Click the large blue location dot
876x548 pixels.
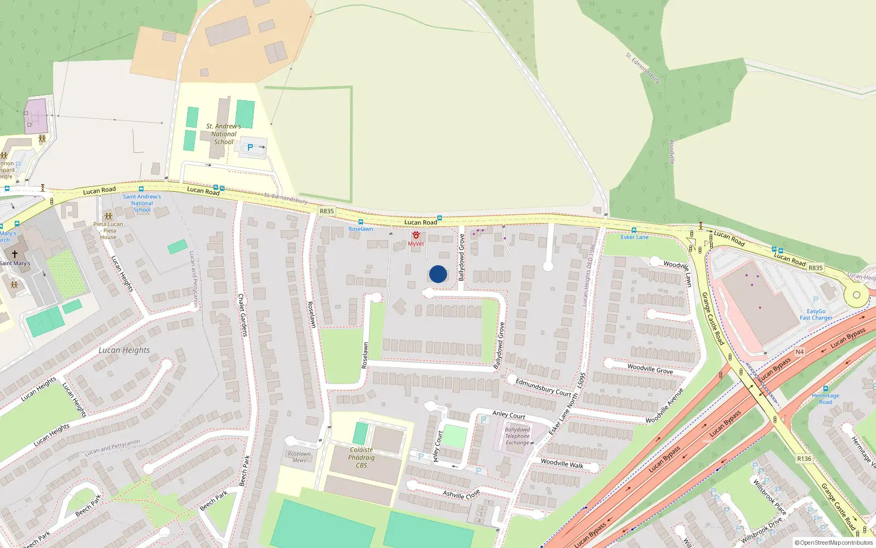pyautogui.click(x=438, y=274)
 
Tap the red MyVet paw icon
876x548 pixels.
pyautogui.click(x=416, y=235)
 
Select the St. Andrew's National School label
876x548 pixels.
pyautogui.click(x=223, y=134)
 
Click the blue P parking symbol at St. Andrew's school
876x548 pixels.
pyautogui.click(x=250, y=147)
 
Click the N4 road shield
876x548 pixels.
pyautogui.click(x=799, y=352)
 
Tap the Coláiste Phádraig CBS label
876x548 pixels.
pyautogui.click(x=361, y=458)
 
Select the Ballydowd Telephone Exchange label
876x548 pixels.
pyautogui.click(x=517, y=436)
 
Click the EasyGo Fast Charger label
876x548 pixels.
pyautogui.click(x=816, y=315)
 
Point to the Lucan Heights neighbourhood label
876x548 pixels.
pyautogui.click(x=124, y=350)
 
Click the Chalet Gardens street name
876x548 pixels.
pyautogui.click(x=242, y=315)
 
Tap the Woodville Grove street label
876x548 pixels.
pyautogui.click(x=650, y=368)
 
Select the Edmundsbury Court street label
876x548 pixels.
pyautogui.click(x=543, y=387)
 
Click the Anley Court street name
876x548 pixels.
pyautogui.click(x=509, y=415)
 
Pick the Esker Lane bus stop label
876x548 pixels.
pyautogui.click(x=635, y=237)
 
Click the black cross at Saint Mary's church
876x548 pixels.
pyautogui.click(x=15, y=254)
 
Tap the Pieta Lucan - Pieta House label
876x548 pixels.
pyautogui.click(x=108, y=230)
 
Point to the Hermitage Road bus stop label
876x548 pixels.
pyautogui.click(x=826, y=398)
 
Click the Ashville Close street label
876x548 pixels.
pyautogui.click(x=461, y=494)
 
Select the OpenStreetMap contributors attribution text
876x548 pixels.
pyautogui.click(x=834, y=543)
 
